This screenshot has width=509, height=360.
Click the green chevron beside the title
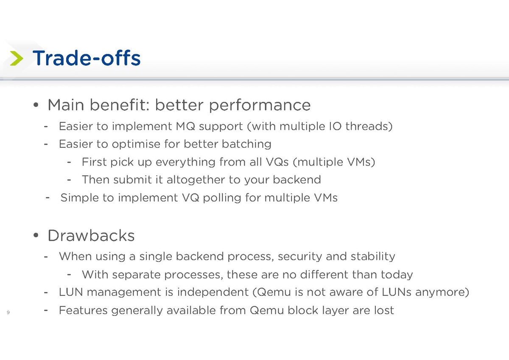coord(17,59)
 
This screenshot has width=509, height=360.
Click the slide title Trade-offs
coord(87,58)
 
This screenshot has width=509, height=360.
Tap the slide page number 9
coord(8,312)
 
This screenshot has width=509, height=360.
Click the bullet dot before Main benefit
coord(36,105)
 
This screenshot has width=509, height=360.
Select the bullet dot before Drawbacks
coord(36,235)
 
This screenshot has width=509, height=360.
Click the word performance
coord(260,106)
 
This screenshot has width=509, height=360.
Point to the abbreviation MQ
coord(185,126)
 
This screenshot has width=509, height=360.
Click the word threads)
coord(369,126)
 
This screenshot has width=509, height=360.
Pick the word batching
coord(246,144)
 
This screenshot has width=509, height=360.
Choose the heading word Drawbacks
coord(91,235)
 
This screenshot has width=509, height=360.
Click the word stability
coord(373,257)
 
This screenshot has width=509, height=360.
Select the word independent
coord(213,292)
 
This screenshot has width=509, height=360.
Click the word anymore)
coord(442,292)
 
